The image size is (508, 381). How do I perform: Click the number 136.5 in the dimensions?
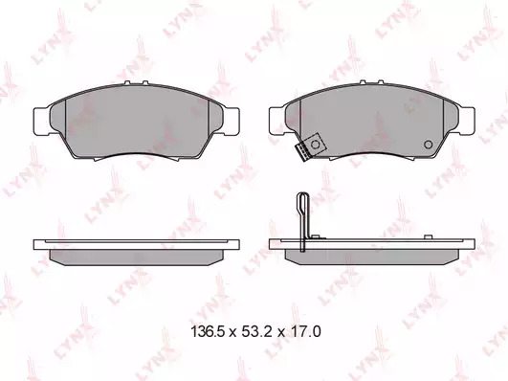tap(208, 331)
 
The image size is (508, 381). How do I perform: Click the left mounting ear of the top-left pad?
tap(41, 121)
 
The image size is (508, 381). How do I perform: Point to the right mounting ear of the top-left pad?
tap(232, 121)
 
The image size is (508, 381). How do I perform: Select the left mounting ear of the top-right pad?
tap(277, 121)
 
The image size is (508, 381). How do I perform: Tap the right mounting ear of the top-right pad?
tap(467, 121)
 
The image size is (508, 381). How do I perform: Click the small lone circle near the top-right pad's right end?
tap(429, 145)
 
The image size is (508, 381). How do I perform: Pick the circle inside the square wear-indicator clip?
tap(315, 144)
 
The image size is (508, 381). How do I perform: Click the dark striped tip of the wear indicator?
tap(301, 152)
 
